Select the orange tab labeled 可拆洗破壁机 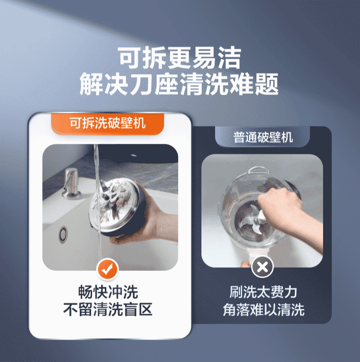(108, 123)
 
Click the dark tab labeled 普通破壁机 (263, 137)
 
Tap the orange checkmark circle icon (108, 270)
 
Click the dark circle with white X (263, 267)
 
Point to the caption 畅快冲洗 (108, 292)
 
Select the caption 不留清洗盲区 (108, 310)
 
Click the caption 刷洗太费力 (263, 292)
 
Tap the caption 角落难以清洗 (263, 310)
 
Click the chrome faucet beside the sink (72, 182)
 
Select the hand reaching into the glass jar (287, 205)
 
